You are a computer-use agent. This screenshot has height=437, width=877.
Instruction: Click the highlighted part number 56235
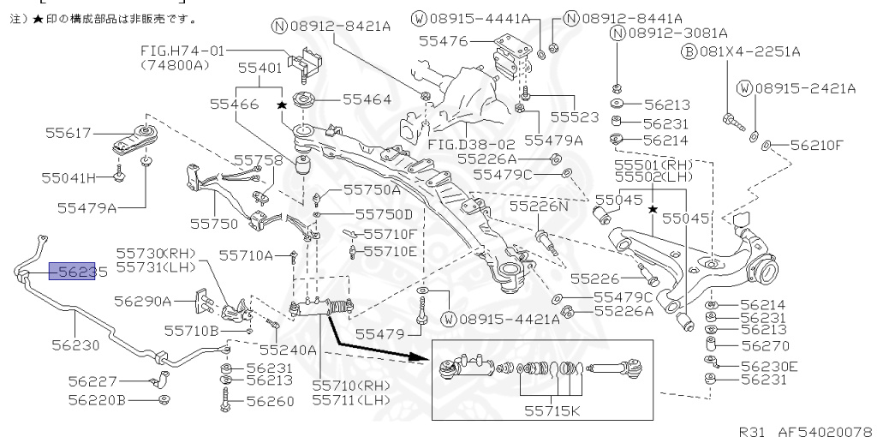tap(78, 272)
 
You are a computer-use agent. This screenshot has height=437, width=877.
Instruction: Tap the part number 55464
tap(367, 99)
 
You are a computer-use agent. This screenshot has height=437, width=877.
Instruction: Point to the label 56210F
tap(816, 145)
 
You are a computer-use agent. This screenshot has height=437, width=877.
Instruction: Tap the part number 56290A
tap(143, 301)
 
